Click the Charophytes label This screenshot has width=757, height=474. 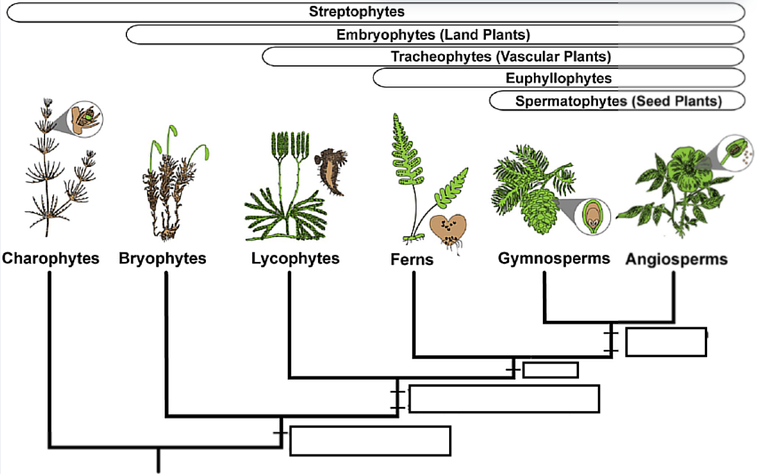click(x=50, y=258)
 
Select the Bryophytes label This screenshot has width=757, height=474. click(x=163, y=258)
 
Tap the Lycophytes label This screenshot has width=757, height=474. click(x=295, y=258)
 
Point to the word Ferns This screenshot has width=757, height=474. click(x=412, y=260)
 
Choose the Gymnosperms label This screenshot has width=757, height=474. click(x=554, y=258)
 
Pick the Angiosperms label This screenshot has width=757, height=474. click(x=677, y=259)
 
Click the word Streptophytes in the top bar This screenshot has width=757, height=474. click(x=357, y=12)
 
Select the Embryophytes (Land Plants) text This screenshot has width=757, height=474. click(x=433, y=34)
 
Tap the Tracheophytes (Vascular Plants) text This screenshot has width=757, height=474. click(x=501, y=56)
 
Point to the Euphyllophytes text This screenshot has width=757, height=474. click(x=558, y=78)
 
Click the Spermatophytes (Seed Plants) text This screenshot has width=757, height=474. click(x=618, y=101)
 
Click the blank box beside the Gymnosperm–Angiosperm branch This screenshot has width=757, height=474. click(x=666, y=342)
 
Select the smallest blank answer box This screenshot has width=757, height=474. click(x=550, y=369)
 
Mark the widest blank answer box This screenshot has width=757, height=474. click(x=504, y=399)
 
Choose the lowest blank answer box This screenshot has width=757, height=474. click(x=370, y=441)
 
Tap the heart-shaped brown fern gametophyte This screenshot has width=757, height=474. click(x=449, y=229)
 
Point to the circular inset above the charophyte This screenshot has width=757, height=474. click(x=85, y=118)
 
